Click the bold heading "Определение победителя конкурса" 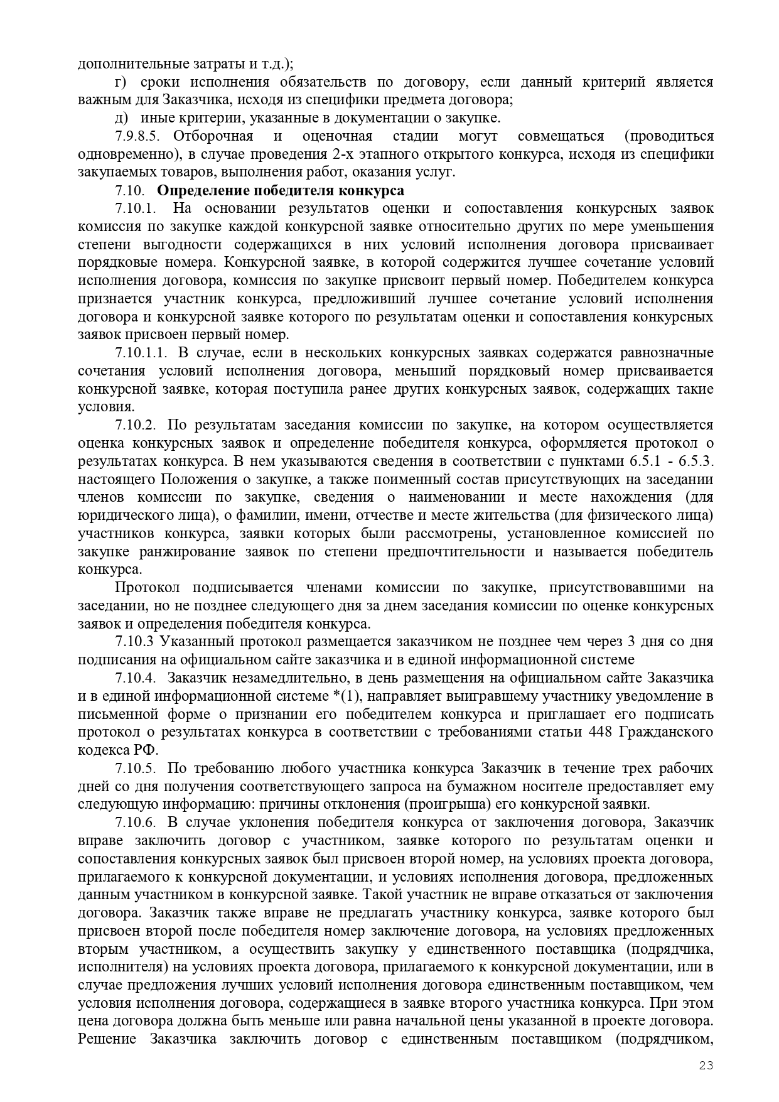[x=281, y=190]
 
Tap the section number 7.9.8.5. [x=138, y=136]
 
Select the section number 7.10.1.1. [x=141, y=353]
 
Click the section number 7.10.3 [x=134, y=642]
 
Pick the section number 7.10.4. [x=136, y=678]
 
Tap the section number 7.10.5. [x=136, y=769]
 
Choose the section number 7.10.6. [x=136, y=823]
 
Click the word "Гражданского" [x=666, y=732]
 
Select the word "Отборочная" [x=213, y=136]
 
